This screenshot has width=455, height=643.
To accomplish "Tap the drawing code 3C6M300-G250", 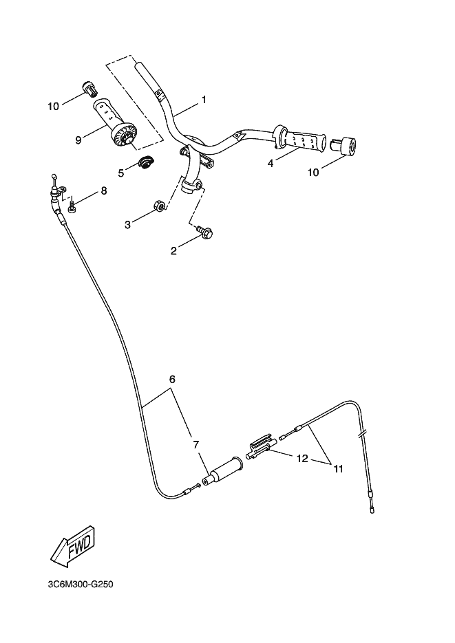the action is [x=81, y=585].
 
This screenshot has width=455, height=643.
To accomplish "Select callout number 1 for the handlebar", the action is [x=204, y=100].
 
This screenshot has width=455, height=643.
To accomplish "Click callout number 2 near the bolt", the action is [x=173, y=250].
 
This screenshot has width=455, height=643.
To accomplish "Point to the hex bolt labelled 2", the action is [x=205, y=232].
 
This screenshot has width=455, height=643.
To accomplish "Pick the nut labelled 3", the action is [x=159, y=206].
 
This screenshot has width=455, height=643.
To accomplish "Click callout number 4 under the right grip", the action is [x=270, y=163].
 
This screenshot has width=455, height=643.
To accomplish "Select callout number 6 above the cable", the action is [x=172, y=380].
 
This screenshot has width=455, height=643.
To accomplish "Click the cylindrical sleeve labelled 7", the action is [x=224, y=471].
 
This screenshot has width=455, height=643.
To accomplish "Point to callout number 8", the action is [x=104, y=190].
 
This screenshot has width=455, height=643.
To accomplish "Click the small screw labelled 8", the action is [x=72, y=206].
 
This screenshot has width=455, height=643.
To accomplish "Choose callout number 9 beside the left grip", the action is [x=78, y=140].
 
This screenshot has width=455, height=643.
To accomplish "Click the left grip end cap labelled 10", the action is [x=89, y=88].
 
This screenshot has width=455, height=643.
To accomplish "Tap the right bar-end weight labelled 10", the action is [x=343, y=146].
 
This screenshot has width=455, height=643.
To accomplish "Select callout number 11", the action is [x=338, y=469].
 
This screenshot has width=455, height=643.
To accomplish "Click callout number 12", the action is [x=302, y=458].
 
